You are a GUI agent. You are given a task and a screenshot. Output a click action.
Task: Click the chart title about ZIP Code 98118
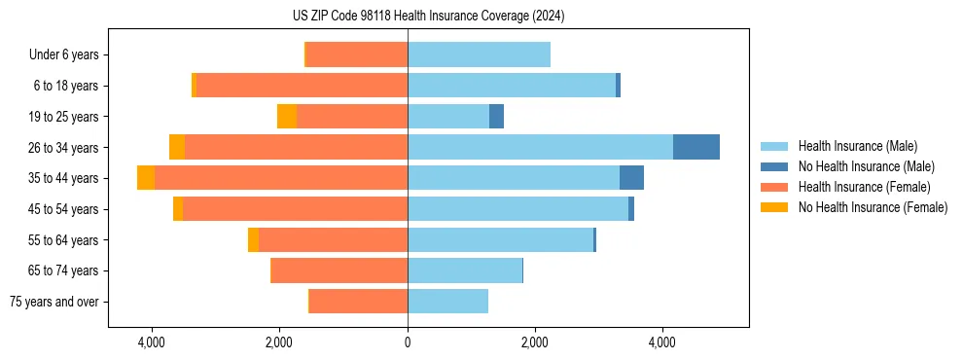click(428, 17)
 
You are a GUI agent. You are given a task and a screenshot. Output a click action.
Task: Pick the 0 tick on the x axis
click(408, 342)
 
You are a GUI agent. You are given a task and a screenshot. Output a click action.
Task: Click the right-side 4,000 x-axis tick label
click(662, 342)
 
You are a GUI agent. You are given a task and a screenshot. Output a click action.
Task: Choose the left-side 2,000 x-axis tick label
click(279, 342)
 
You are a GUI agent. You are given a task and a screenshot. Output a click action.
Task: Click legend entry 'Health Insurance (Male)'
click(857, 146)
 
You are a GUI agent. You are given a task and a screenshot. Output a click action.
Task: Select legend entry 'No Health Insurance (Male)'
click(866, 166)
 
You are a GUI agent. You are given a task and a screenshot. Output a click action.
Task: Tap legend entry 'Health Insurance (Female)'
click(863, 187)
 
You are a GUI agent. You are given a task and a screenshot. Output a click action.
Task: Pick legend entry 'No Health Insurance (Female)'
click(872, 207)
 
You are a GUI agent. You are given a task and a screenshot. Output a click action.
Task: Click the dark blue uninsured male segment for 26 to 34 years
click(695, 147)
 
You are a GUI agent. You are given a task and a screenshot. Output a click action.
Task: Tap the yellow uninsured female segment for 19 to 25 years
click(287, 117)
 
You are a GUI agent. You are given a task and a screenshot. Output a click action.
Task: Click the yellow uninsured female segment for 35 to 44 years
click(146, 178)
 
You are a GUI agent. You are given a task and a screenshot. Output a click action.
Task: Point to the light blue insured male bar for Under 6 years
click(479, 55)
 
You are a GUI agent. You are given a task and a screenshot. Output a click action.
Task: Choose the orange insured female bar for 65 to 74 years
click(339, 270)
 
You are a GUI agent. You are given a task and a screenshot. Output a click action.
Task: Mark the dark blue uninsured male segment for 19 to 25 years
click(496, 117)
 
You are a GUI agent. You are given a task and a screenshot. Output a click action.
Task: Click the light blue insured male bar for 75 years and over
click(447, 302)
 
